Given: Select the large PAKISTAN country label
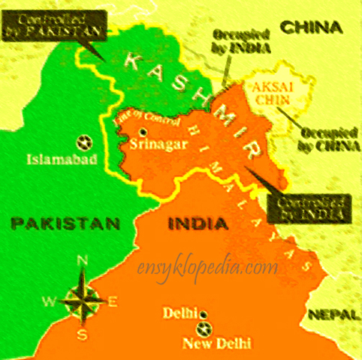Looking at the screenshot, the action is tap(65, 223).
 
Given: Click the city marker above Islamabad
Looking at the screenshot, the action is tap(84, 141).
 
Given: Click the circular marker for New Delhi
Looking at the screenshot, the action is tap(201, 328).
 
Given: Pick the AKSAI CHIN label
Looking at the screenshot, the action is tap(267, 92).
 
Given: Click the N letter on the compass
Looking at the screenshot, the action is tap(83, 262).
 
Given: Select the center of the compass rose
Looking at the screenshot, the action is tap(83, 301).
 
